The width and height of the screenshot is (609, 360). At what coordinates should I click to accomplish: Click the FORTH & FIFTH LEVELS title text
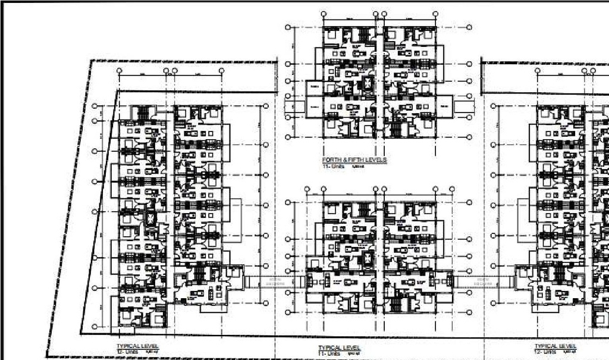(354, 160)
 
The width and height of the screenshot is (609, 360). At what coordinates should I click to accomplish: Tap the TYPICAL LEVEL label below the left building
(138, 345)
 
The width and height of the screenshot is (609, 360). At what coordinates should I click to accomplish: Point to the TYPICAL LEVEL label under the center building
(339, 347)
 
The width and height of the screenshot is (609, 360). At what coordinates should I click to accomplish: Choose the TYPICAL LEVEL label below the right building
(555, 346)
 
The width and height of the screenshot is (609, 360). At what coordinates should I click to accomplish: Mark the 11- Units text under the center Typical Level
(329, 353)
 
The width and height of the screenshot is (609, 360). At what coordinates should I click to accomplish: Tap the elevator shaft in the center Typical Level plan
(368, 258)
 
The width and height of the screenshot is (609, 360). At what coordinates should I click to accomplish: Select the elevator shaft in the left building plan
(150, 218)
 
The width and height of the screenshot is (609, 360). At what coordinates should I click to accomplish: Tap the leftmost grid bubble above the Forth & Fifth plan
(323, 12)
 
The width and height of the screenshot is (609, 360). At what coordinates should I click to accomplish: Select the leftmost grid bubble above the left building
(120, 71)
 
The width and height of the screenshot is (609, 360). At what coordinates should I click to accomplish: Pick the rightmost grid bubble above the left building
(221, 71)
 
